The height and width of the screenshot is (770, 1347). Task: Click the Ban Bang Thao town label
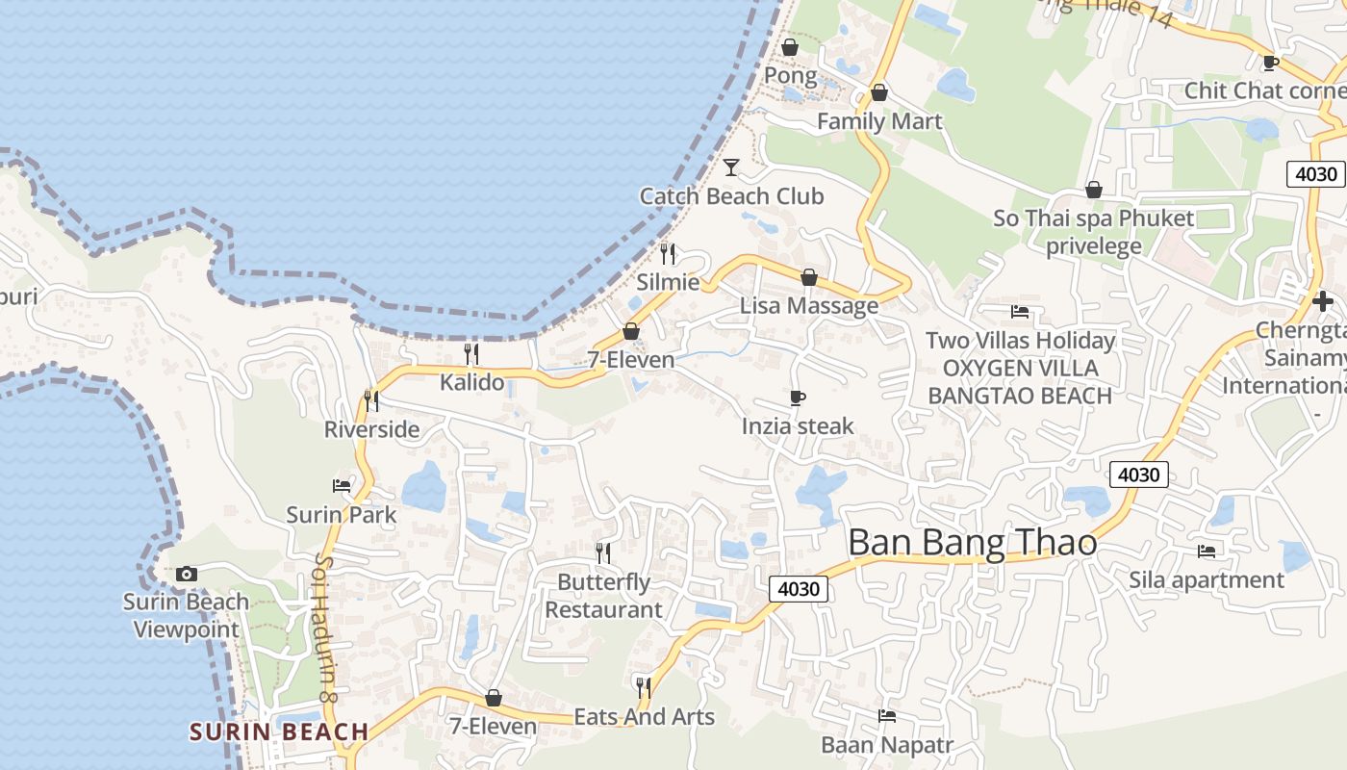point(972,543)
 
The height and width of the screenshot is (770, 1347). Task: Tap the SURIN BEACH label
point(279,731)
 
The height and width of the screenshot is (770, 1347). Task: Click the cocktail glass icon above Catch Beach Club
point(731,167)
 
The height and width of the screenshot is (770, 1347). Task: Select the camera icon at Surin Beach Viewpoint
point(187,575)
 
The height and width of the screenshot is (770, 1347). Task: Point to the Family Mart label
point(879,121)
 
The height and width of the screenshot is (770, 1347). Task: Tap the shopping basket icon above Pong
point(790,47)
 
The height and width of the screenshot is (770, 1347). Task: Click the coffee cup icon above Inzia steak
point(797,398)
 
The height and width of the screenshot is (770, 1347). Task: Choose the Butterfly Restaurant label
point(604,596)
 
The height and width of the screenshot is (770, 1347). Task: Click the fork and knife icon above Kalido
point(471,354)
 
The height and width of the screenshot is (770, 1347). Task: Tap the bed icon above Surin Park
point(342,485)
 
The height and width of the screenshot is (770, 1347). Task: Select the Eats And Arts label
point(645,717)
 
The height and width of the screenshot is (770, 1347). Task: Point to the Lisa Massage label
point(809,306)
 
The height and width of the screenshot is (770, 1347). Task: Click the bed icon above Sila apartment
point(1207,552)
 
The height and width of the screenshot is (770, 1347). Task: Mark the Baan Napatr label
point(887,745)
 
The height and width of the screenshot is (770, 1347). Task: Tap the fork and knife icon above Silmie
point(668,254)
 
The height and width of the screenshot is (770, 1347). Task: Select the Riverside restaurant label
point(371,429)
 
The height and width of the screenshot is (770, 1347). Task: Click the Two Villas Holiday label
point(1020,340)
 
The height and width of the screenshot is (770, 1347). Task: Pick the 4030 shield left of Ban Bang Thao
point(799,588)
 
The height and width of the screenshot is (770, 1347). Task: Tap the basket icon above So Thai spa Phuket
point(1093,190)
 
